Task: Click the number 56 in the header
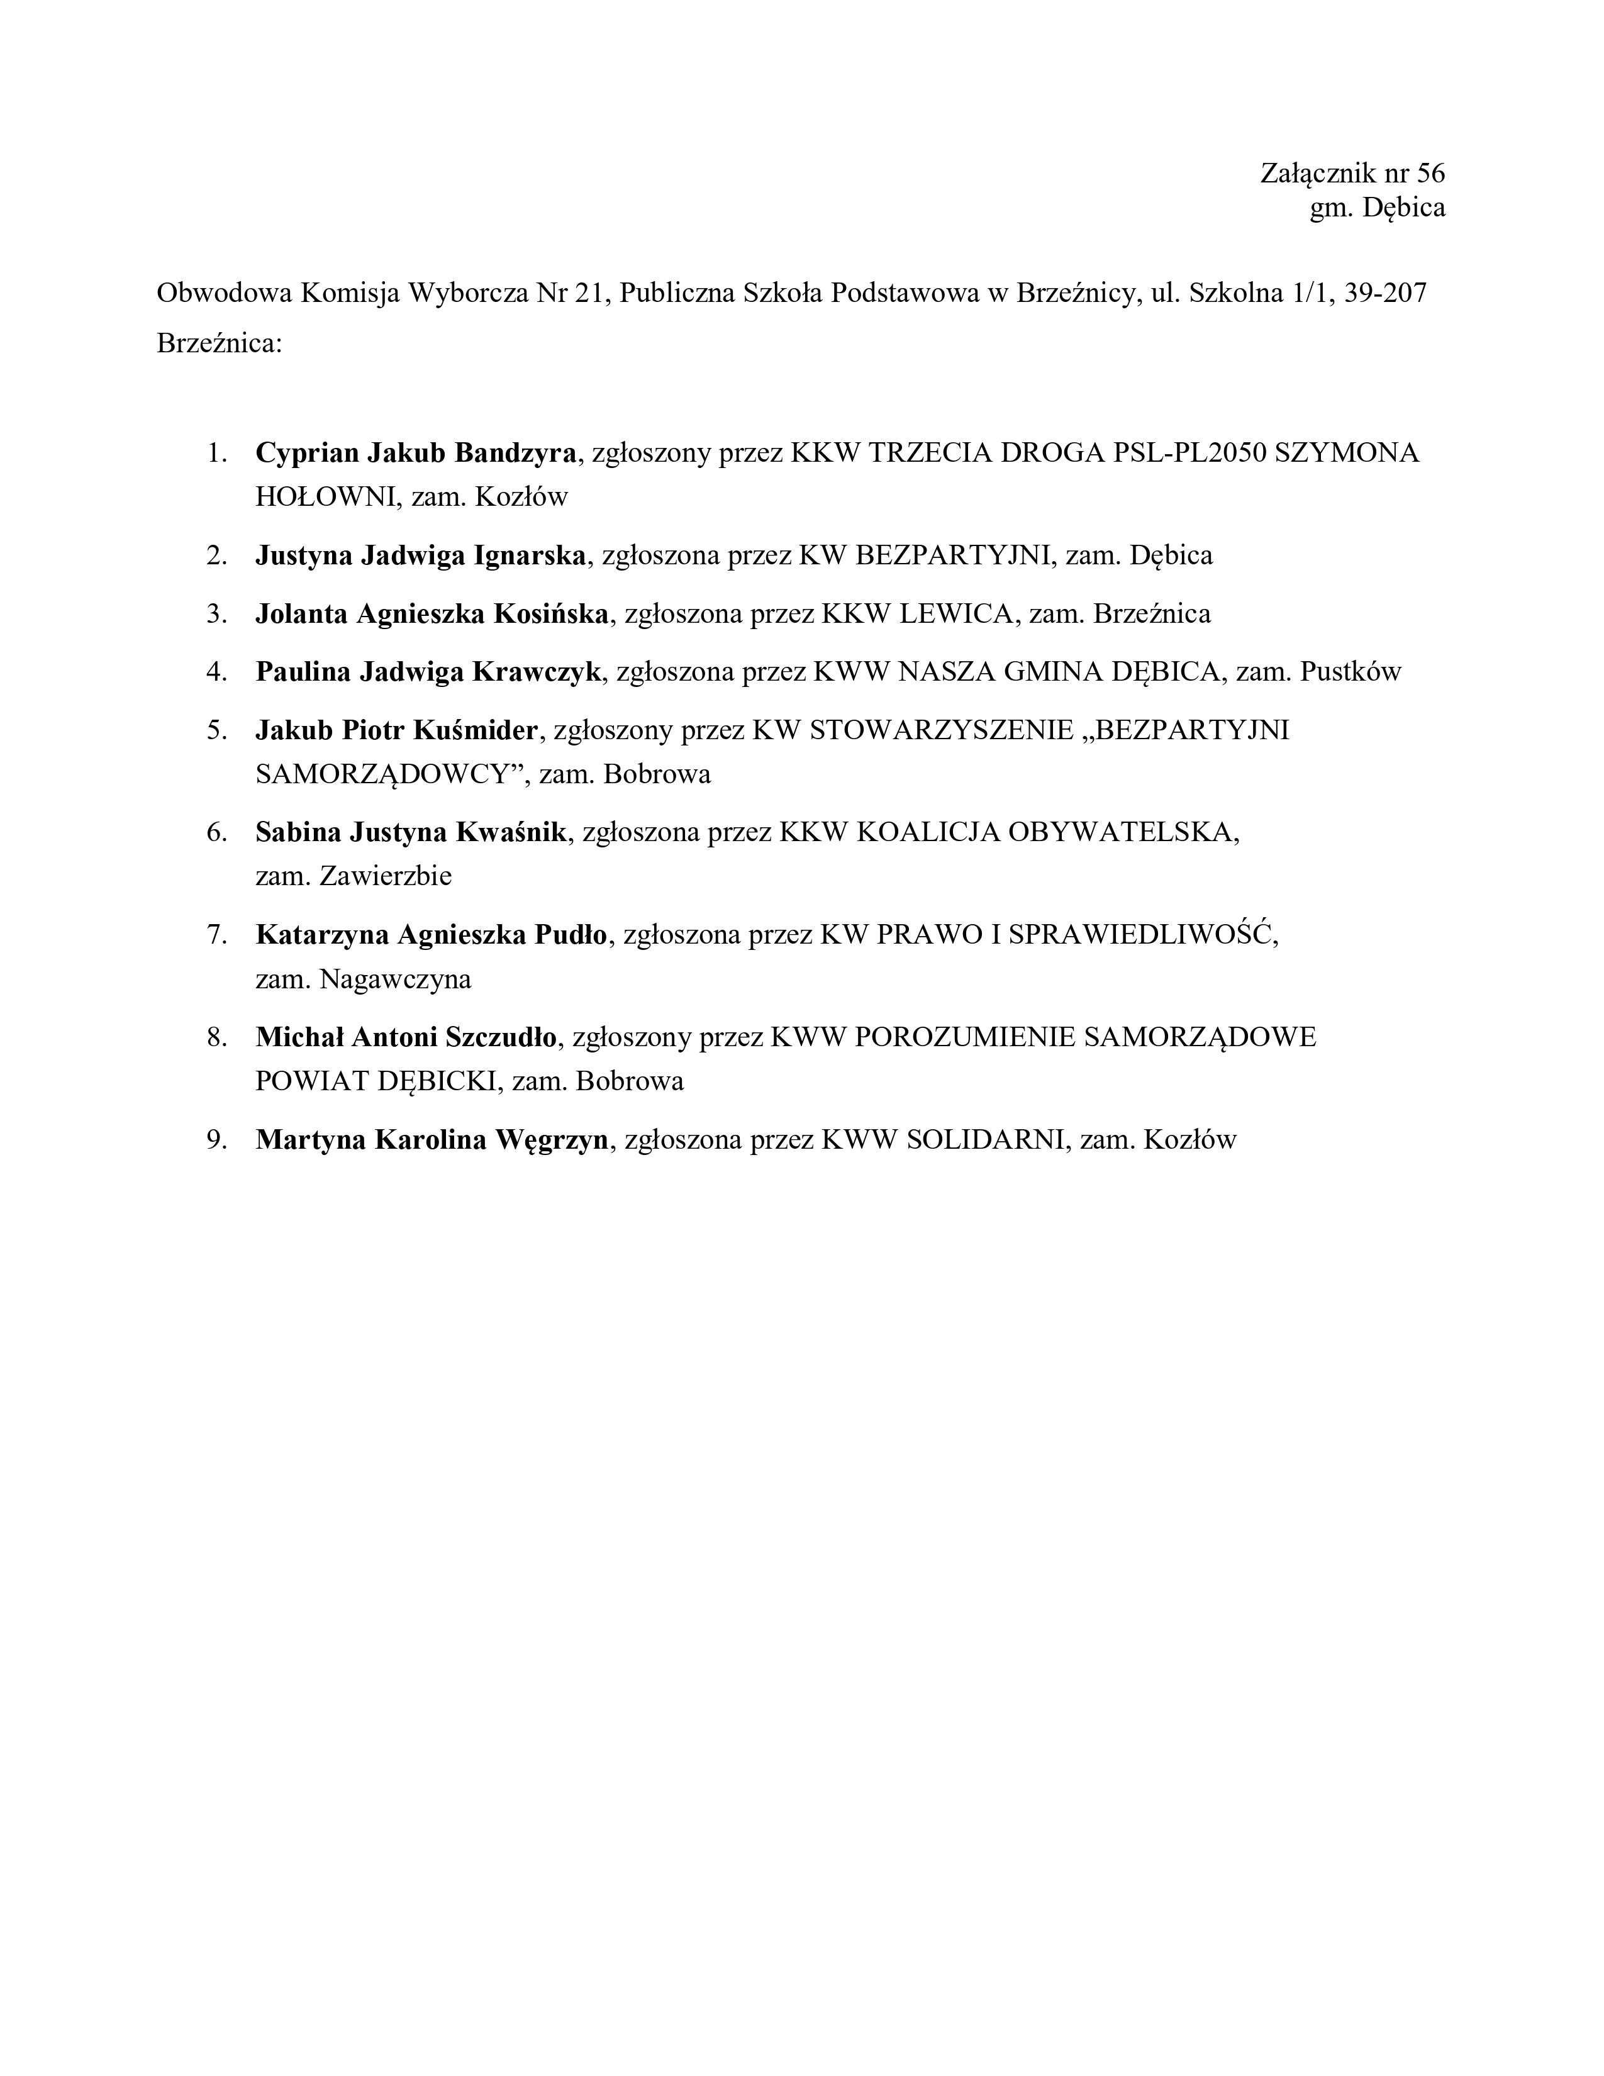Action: pyautogui.click(x=1430, y=173)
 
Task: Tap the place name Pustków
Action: pyautogui.click(x=1351, y=672)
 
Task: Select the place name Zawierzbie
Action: pyautogui.click(x=385, y=876)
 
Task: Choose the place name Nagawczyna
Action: pyautogui.click(x=395, y=978)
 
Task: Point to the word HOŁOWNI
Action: pyautogui.click(x=324, y=496)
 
